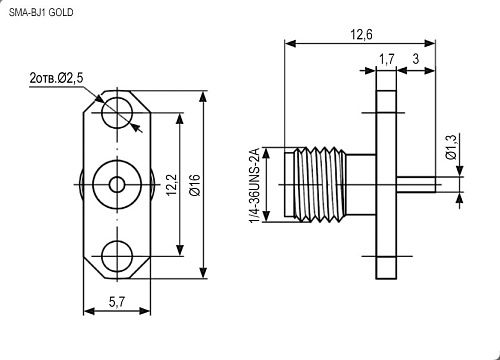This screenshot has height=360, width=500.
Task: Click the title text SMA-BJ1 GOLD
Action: coord(41,13)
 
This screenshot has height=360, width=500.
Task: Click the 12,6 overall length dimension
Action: coord(361,34)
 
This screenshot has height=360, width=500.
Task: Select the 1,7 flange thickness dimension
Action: coord(387,59)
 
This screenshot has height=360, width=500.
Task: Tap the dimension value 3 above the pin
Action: coord(416,59)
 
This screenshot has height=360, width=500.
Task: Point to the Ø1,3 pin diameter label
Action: coord(451,147)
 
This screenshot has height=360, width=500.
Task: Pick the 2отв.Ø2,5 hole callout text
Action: coord(57,78)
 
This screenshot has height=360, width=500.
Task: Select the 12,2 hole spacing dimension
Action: coord(172,185)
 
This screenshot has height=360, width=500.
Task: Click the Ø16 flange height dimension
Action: coord(194,185)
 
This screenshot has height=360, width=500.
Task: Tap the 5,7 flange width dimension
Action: coord(117,302)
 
